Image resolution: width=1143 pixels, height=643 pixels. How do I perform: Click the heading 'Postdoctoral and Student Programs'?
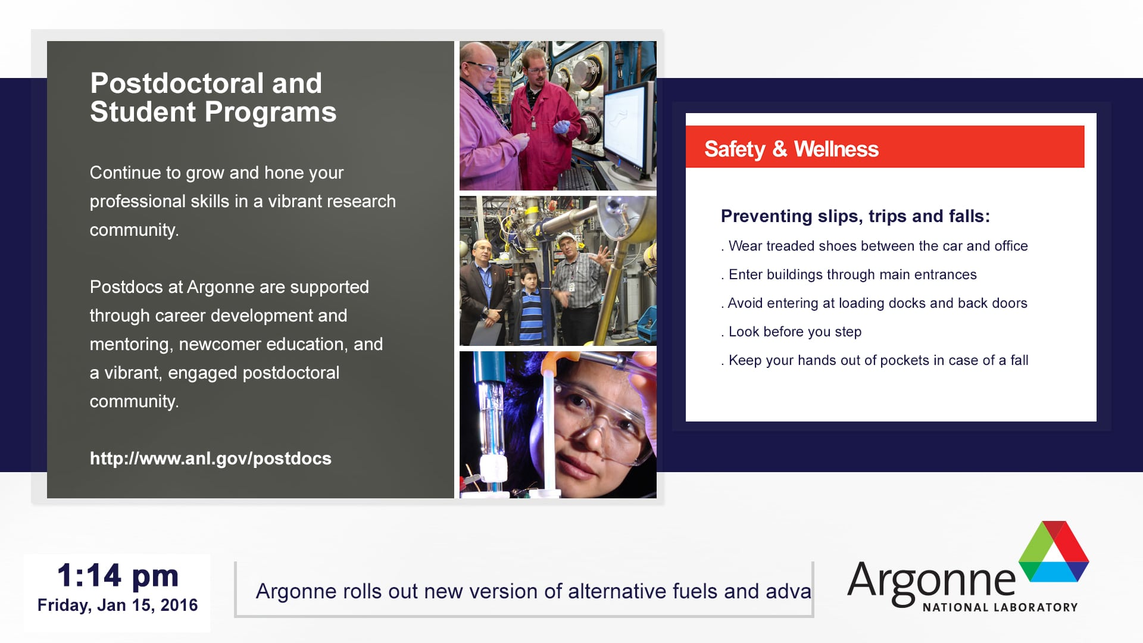213,98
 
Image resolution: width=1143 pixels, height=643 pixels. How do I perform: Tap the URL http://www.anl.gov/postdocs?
211,458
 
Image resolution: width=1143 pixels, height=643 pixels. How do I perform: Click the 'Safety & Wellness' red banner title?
791,149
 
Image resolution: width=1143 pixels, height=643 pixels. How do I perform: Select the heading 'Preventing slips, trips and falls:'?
855,216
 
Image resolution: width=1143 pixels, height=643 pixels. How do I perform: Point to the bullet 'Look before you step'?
791,332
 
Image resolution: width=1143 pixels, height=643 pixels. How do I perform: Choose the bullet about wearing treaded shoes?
875,246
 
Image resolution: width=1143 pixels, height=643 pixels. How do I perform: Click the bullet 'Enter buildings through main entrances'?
849,274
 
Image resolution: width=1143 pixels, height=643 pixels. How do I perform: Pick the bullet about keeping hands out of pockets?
875,360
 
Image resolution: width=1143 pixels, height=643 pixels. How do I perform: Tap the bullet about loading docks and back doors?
875,303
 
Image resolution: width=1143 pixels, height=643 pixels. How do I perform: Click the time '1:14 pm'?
118,576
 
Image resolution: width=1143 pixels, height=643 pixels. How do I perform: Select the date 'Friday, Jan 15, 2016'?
118,605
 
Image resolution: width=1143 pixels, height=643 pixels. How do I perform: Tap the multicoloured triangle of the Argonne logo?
1054,551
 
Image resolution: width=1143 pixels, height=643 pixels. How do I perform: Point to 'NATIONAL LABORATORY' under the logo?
1000,607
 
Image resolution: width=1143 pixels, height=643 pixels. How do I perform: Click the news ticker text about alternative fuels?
533,591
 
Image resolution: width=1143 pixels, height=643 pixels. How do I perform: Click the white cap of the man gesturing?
566,238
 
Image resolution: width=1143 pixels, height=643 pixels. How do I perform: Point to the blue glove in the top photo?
561,127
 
